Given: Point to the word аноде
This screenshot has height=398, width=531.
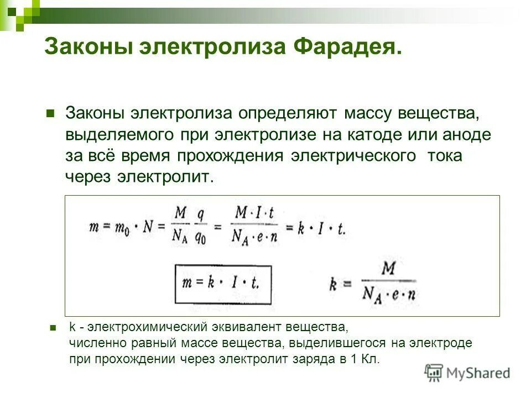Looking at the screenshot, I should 465,135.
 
